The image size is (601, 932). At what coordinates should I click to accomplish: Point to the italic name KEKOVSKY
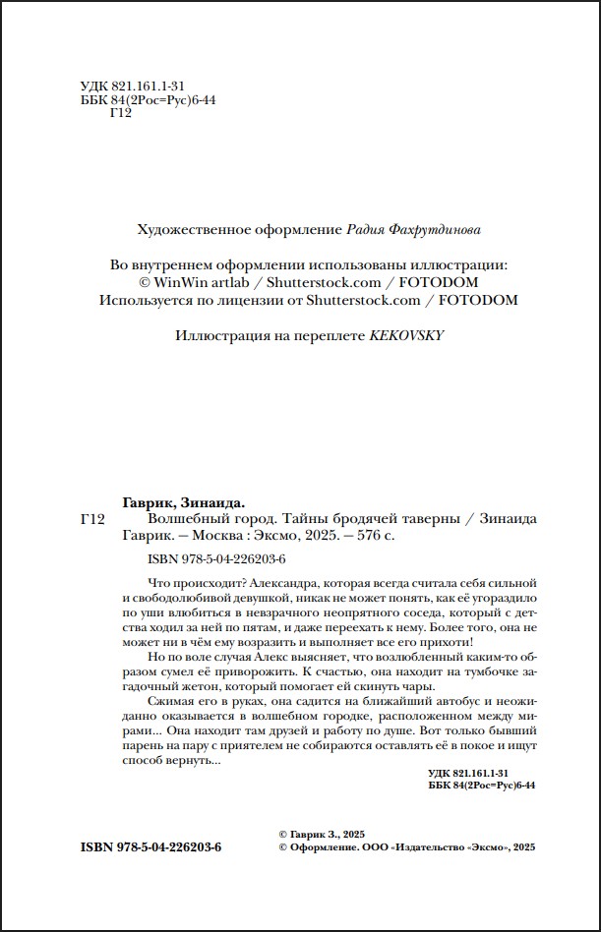406,334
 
